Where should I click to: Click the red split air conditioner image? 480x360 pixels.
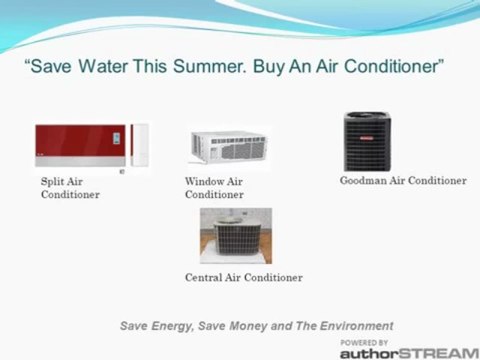[x=80, y=146]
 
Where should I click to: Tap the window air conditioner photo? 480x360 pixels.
[x=229, y=146]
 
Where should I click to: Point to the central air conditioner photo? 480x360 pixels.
[x=235, y=235]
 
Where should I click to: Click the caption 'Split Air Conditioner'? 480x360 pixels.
[x=69, y=188]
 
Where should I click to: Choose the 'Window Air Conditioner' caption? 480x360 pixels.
[x=214, y=188]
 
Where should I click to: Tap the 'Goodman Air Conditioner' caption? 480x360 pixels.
[x=403, y=181]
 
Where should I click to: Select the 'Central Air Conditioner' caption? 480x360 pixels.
[x=243, y=277]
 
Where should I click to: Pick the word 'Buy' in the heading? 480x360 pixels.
[x=268, y=68]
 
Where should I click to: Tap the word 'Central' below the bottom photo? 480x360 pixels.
[x=205, y=277]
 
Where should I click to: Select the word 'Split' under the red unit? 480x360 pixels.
[x=52, y=182]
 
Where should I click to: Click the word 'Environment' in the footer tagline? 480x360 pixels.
[x=356, y=325]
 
